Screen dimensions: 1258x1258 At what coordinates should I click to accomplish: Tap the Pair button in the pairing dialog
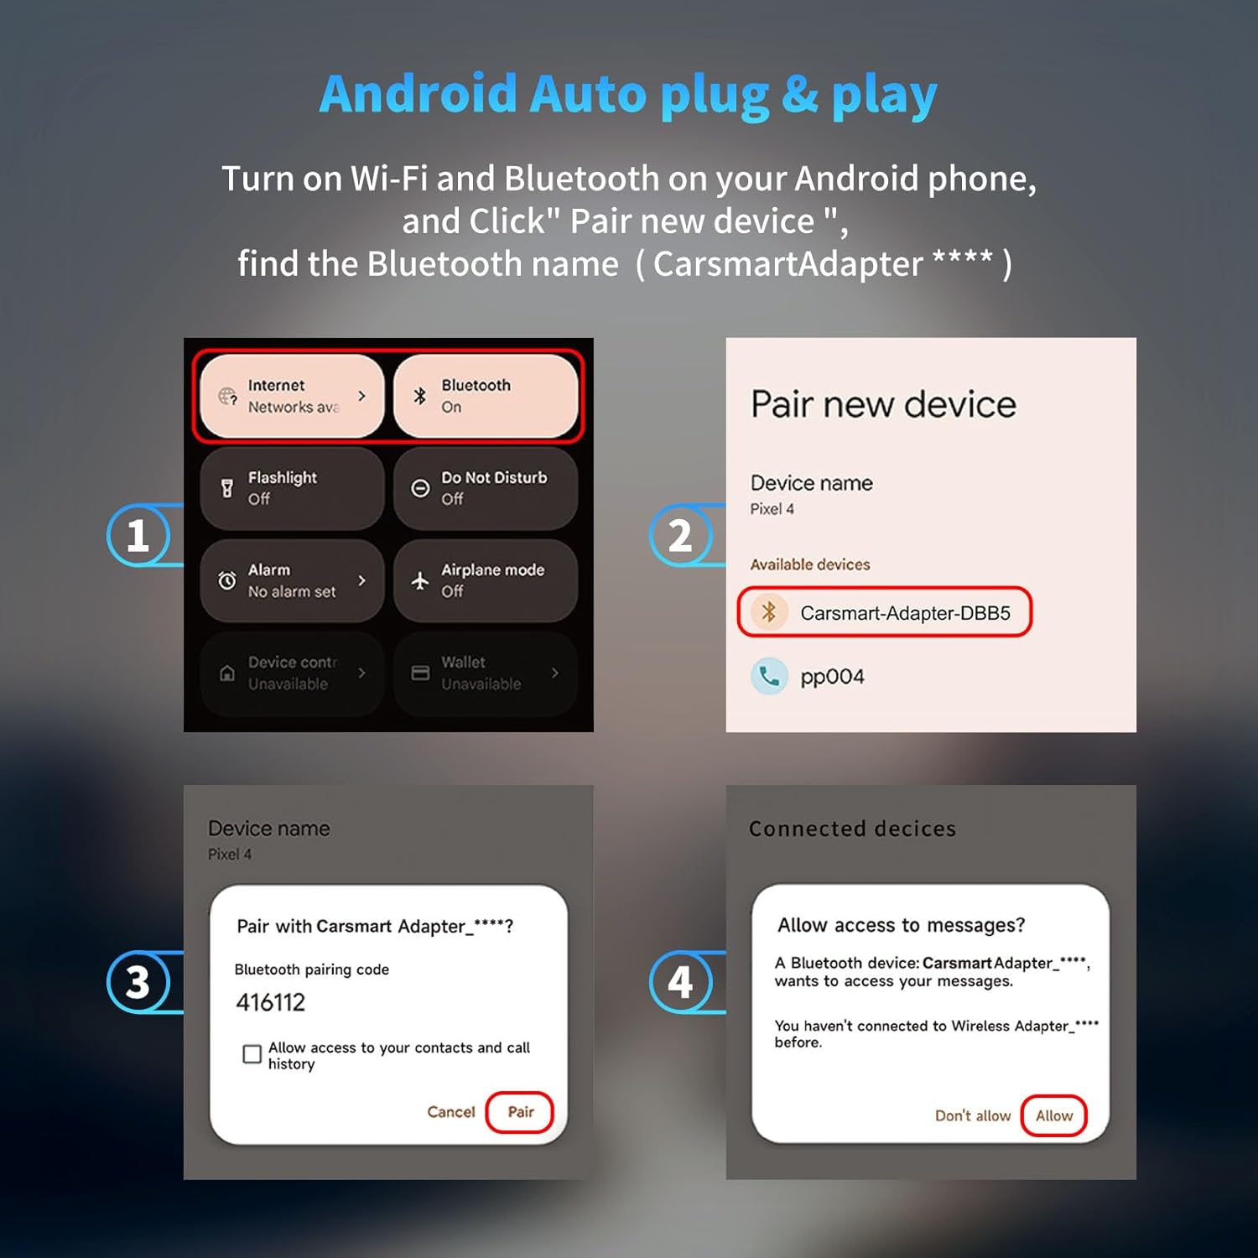coord(520,1112)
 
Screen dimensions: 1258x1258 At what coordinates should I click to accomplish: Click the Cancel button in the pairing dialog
coord(451,1112)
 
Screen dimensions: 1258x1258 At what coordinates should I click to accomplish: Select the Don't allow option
coord(973,1115)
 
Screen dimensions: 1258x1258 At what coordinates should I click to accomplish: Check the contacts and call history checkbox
coord(252,1054)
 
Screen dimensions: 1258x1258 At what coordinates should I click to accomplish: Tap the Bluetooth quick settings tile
coord(486,396)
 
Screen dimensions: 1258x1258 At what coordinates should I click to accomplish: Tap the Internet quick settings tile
coord(292,396)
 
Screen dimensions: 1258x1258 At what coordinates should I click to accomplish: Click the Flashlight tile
coord(292,488)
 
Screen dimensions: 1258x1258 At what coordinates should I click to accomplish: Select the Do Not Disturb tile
coord(486,488)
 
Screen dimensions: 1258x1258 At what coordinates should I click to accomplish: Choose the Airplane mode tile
coord(486,580)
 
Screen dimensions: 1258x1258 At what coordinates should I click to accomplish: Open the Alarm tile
coord(292,580)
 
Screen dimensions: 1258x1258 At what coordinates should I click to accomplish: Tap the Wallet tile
coord(486,673)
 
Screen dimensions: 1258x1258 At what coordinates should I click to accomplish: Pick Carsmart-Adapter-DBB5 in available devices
coord(904,613)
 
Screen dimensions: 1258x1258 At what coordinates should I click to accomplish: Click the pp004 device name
coord(832,677)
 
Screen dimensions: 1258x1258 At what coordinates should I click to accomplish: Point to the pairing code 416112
coord(271,1002)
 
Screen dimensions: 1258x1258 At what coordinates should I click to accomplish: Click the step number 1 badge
coord(138,535)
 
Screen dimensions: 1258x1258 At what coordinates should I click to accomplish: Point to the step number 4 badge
coord(680,982)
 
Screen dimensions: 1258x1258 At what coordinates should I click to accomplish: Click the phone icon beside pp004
coord(768,676)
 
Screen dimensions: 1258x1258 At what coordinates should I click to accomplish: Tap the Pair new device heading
coord(883,404)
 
